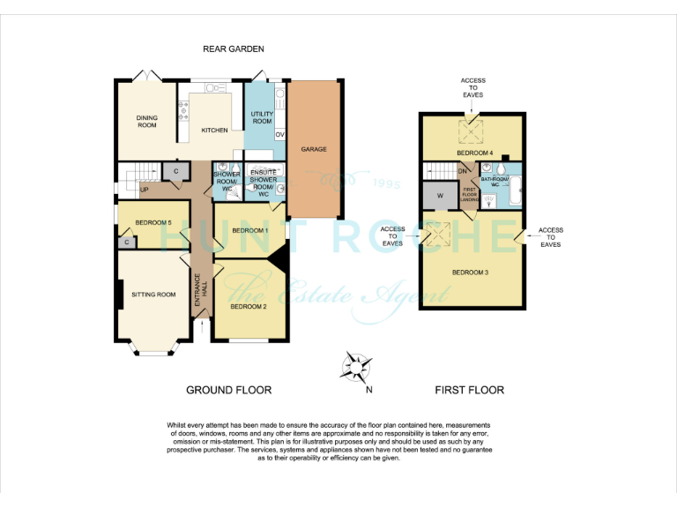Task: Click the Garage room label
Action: (x=314, y=149)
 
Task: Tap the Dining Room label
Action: (x=146, y=121)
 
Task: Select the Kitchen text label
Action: (x=214, y=131)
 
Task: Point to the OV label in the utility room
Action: (x=279, y=135)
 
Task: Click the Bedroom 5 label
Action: (x=152, y=222)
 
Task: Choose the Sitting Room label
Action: (x=154, y=295)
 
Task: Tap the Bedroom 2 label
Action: (x=248, y=306)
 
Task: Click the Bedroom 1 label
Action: (x=249, y=231)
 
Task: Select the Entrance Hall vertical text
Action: (x=200, y=290)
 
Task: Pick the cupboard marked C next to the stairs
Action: (x=175, y=171)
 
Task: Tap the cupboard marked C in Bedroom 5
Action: (x=127, y=242)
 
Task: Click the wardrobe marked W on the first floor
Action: (x=438, y=196)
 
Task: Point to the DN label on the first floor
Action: (x=461, y=171)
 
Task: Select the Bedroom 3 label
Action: (x=470, y=273)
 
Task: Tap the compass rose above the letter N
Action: (x=358, y=366)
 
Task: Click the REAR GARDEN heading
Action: (x=234, y=49)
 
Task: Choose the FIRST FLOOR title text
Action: (x=469, y=390)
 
